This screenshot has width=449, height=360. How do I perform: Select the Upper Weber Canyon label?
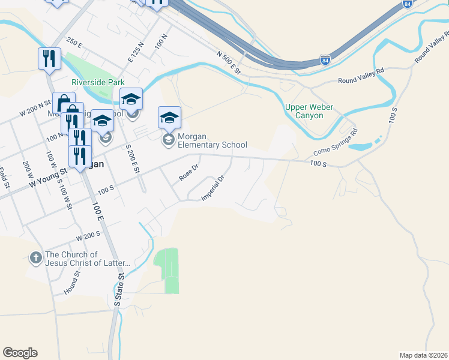[x=309, y=111]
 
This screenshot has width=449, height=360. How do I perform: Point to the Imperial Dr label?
[x=213, y=187]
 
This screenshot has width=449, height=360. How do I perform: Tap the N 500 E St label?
[x=229, y=63]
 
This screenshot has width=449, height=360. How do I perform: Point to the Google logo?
[x=20, y=353]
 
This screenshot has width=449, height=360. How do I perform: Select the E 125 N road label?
[x=136, y=52]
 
